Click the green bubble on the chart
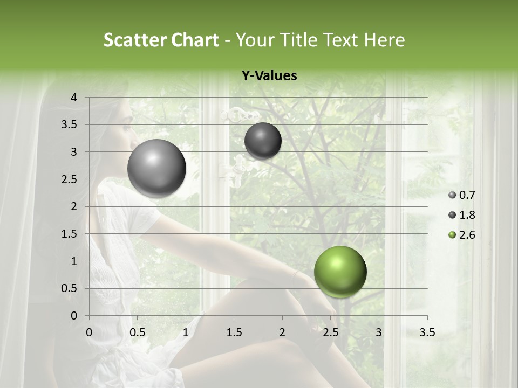(x=340, y=272)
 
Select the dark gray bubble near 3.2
(x=263, y=141)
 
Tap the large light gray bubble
(x=156, y=168)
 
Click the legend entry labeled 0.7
(x=462, y=195)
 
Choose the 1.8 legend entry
(x=462, y=215)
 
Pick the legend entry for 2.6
(x=462, y=235)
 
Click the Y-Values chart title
(x=269, y=76)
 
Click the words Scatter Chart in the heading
(x=161, y=40)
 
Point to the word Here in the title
(x=384, y=40)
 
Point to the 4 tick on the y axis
(x=74, y=98)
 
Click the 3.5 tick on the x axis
(x=427, y=332)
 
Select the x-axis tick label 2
(x=282, y=332)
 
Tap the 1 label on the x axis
(x=186, y=332)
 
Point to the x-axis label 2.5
(x=330, y=332)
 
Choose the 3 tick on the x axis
(x=379, y=332)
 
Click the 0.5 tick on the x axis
(x=137, y=332)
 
